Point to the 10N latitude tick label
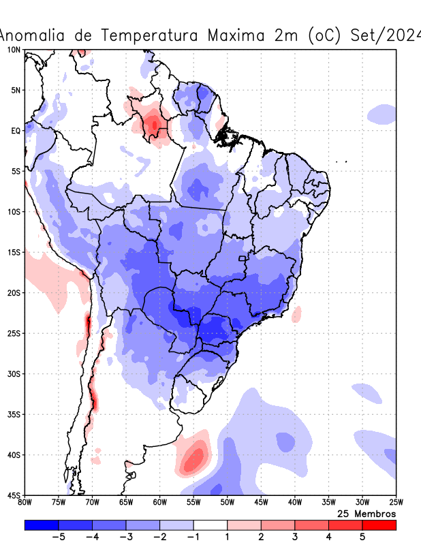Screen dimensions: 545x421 pos(13,50)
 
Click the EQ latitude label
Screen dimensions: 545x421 pos(15,130)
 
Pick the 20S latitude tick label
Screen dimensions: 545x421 pos(13,293)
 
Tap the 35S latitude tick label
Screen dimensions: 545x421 pos(13,414)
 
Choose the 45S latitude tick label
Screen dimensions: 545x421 pos(13,495)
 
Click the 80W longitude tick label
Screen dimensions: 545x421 pos(25,503)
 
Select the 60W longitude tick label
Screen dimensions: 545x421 pos(159,503)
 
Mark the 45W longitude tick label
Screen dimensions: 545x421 pos(261,503)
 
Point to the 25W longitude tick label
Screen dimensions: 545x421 pos(396,503)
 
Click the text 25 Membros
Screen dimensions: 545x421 pos(367,513)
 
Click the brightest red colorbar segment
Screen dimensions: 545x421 pos(379,525)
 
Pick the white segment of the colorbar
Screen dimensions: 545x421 pos(210,525)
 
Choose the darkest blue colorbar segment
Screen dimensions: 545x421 pos(41,525)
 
